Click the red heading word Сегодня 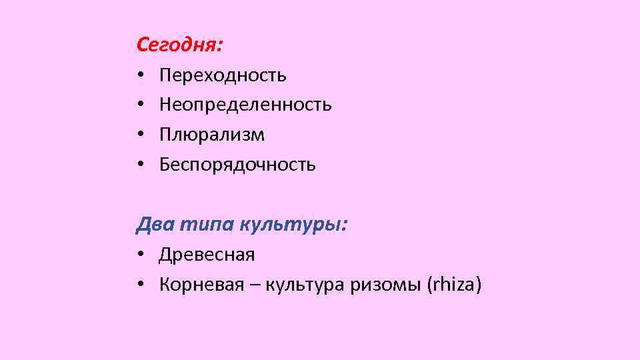pyautogui.click(x=178, y=45)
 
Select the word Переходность pyautogui.click(x=223, y=75)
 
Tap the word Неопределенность pyautogui.click(x=245, y=105)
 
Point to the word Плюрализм pyautogui.click(x=212, y=135)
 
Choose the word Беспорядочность pyautogui.click(x=237, y=165)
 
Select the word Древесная pyautogui.click(x=207, y=255)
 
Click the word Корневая pyautogui.click(x=205, y=285)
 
